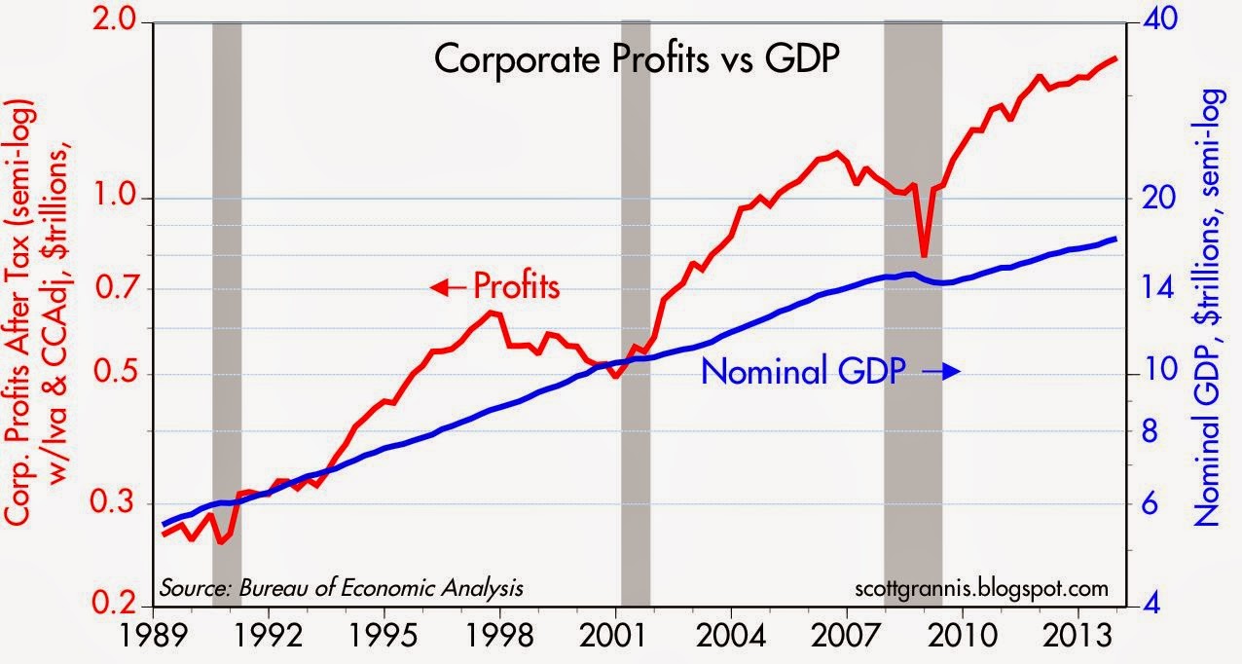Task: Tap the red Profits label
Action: pyautogui.click(x=516, y=287)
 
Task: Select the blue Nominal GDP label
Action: pyautogui.click(x=803, y=371)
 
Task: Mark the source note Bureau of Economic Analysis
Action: pyautogui.click(x=342, y=588)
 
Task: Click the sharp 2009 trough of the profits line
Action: pyautogui.click(x=924, y=255)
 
